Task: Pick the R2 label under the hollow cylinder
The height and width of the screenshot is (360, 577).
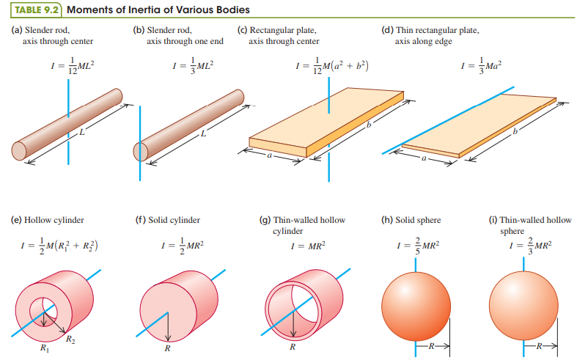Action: [70, 339]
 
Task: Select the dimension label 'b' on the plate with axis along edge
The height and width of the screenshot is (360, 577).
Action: [516, 131]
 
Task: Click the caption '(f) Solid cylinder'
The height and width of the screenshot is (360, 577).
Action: [166, 219]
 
